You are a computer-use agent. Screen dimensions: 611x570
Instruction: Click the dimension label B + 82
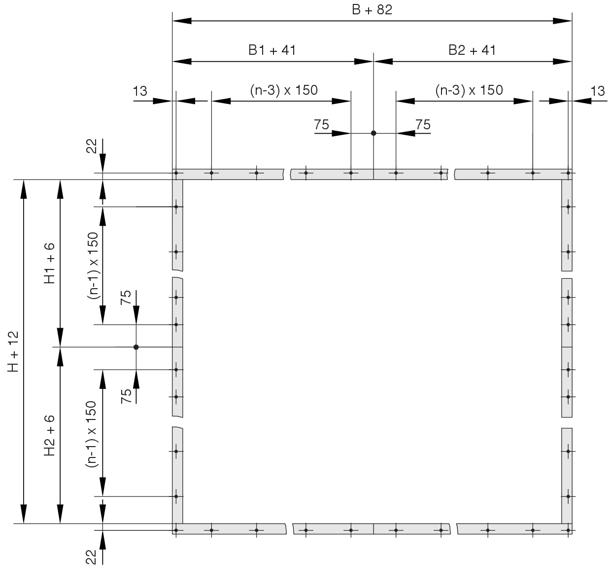click(x=372, y=10)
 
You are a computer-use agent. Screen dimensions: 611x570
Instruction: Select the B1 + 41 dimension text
click(x=272, y=50)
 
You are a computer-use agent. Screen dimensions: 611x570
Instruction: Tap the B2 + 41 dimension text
click(x=472, y=50)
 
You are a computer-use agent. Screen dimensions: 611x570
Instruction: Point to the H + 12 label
click(x=13, y=351)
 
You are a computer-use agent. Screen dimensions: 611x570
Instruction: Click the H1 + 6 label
click(x=49, y=263)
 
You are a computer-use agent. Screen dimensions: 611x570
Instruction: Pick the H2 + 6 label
click(x=49, y=435)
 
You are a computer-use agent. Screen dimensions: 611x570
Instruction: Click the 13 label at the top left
click(x=140, y=91)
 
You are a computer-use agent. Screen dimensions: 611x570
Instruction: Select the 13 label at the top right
click(x=598, y=91)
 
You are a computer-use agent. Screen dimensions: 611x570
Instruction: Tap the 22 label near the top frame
click(x=91, y=146)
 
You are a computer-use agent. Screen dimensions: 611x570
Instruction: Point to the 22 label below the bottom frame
click(x=91, y=557)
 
